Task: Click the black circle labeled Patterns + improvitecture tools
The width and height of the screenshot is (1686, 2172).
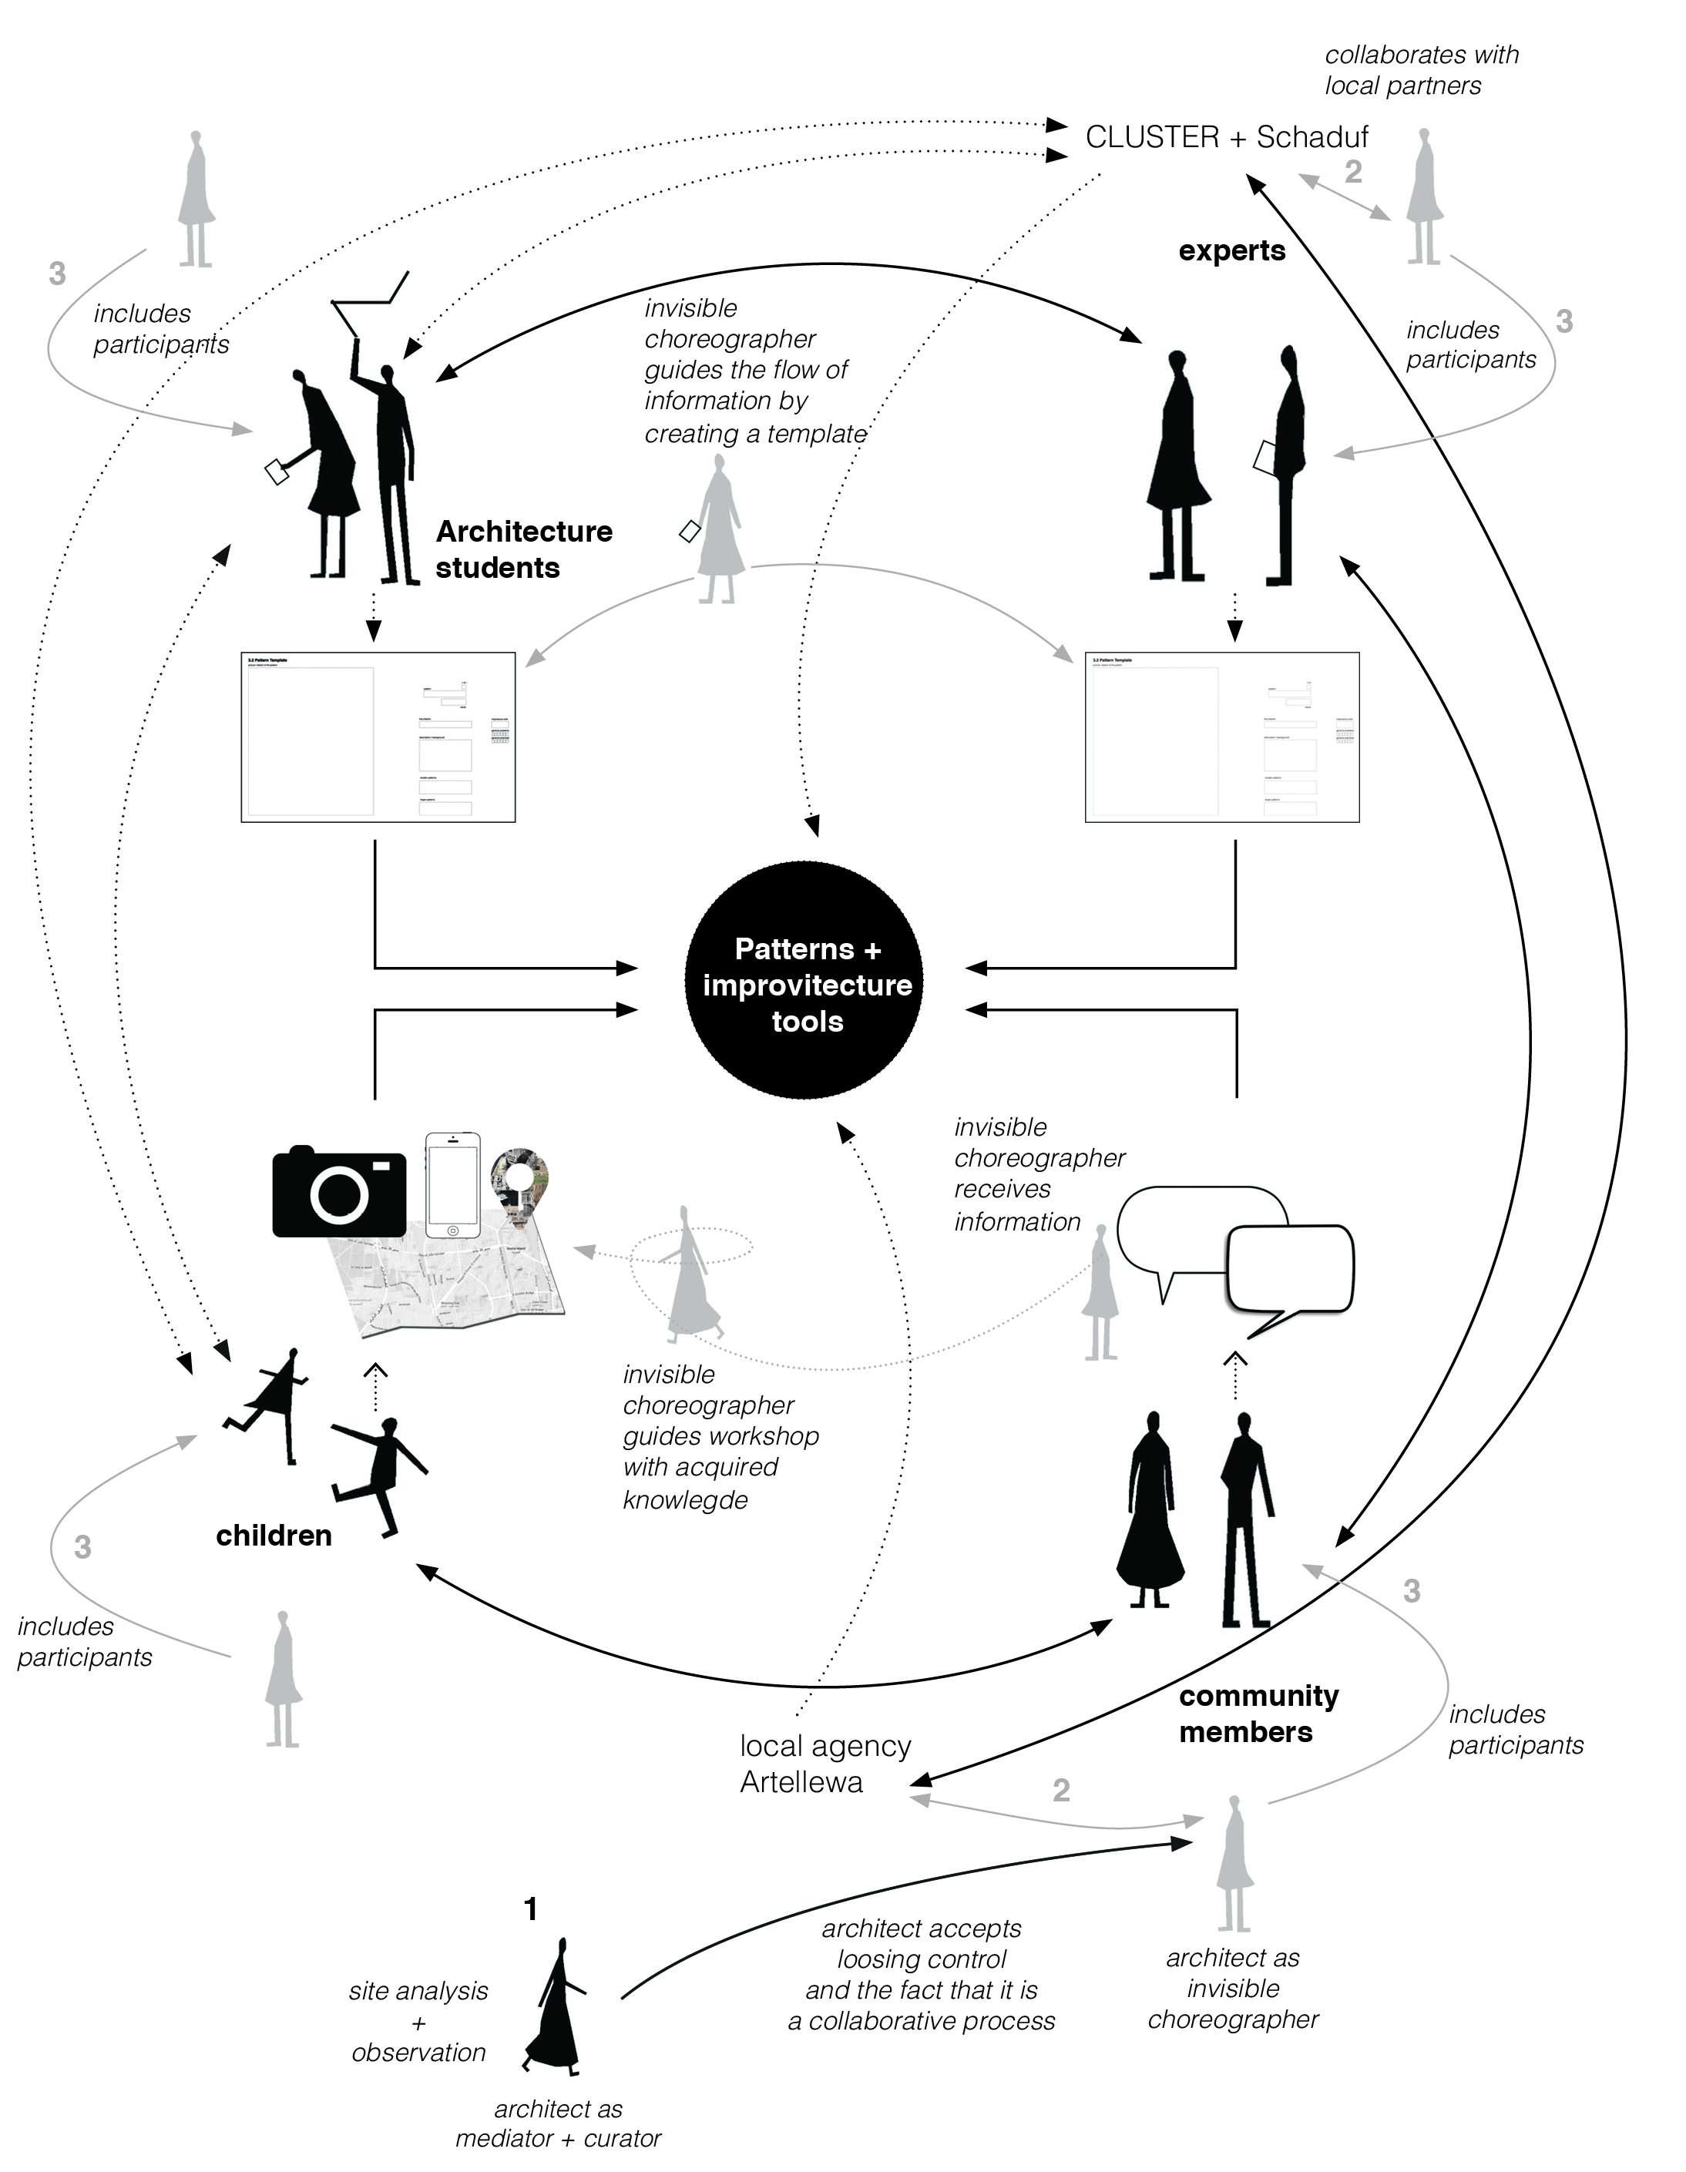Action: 804,982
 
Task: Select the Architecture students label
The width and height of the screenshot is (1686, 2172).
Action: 523,549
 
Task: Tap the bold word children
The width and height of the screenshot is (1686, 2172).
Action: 274,1535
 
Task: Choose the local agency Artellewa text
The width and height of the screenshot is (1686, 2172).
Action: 825,1764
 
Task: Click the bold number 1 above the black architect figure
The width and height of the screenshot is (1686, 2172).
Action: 531,1908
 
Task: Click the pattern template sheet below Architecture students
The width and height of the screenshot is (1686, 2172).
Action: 378,737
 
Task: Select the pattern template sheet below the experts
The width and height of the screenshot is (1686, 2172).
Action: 1221,737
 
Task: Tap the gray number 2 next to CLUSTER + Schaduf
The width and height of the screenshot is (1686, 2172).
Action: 1353,172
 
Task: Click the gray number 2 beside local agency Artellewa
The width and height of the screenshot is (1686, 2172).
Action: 1061,1790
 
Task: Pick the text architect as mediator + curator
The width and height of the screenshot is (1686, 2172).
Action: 558,2123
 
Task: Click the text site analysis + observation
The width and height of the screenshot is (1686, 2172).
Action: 418,2022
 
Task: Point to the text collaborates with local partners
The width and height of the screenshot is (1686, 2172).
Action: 1422,69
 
